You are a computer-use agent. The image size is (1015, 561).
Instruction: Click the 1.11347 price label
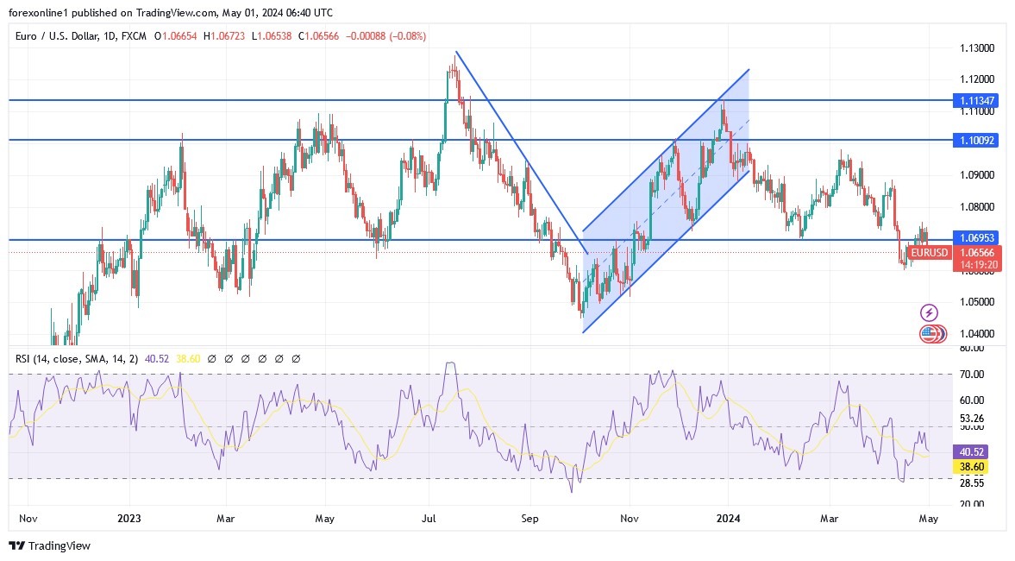[977, 101]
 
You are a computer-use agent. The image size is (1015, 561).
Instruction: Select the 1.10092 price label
[977, 140]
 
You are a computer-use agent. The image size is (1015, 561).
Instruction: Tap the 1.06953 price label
[977, 237]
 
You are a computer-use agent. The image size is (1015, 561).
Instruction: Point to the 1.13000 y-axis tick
[977, 48]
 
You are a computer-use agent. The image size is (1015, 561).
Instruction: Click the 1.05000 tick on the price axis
[977, 302]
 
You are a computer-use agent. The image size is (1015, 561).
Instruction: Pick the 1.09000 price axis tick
[977, 175]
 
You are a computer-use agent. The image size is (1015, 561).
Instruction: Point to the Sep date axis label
[529, 519]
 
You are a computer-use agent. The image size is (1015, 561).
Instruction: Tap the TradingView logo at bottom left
[49, 545]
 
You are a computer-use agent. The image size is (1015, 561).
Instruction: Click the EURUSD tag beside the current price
[930, 253]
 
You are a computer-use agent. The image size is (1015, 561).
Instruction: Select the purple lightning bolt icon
[929, 312]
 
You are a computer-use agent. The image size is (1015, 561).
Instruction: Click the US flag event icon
[929, 332]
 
